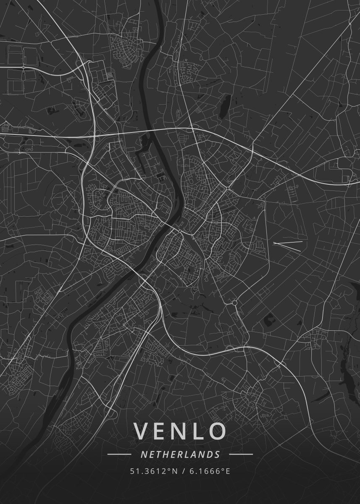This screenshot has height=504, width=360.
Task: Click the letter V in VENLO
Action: [142, 431]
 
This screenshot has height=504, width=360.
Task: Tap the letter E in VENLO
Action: [161, 431]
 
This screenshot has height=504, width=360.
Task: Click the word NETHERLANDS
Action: [180, 454]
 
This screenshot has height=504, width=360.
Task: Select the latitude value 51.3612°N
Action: [154, 471]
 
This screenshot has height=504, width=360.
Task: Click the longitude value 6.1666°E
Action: [209, 471]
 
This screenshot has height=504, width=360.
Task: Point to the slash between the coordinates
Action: [183, 471]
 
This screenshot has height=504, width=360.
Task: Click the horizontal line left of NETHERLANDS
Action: [119, 454]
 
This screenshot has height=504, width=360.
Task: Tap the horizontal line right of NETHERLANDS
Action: [241, 454]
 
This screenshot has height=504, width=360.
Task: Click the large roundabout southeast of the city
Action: [234, 302]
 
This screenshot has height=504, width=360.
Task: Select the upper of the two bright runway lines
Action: [287, 242]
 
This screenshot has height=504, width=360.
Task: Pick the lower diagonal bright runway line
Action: [287, 247]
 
